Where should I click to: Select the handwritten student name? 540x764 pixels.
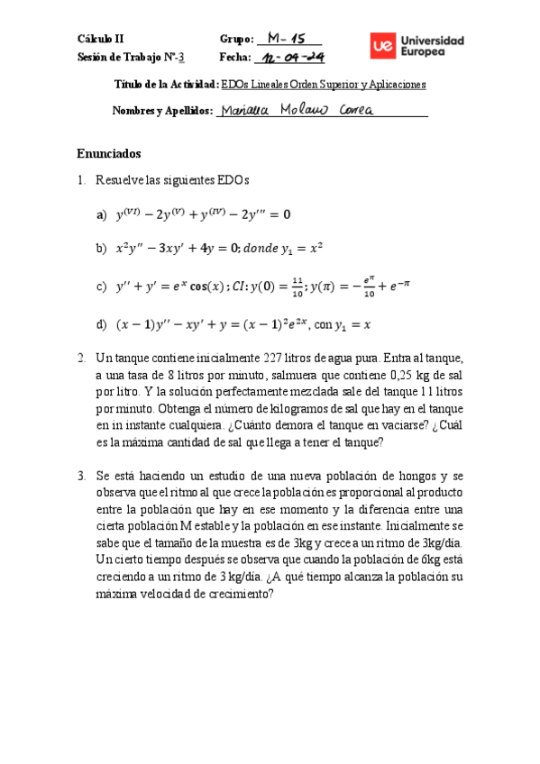pos(301,110)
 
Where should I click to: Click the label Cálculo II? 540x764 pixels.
pos(101,40)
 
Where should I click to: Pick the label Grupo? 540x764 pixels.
pos(236,40)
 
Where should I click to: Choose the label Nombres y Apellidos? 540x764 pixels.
pos(162,111)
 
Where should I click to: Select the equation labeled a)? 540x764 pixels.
pos(204,214)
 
